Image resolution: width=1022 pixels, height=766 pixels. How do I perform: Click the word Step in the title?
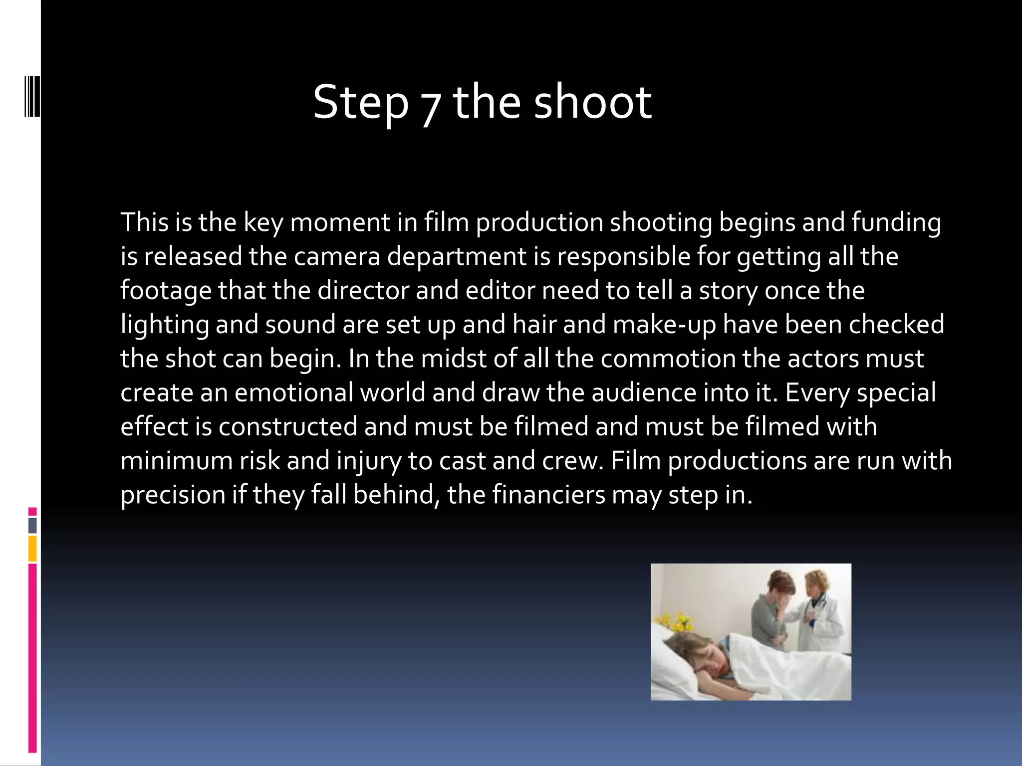click(x=360, y=103)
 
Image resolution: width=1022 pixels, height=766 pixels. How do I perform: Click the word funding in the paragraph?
click(x=896, y=223)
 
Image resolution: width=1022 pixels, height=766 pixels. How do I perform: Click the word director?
click(x=363, y=290)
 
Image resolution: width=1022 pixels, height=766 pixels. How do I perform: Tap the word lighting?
click(x=165, y=325)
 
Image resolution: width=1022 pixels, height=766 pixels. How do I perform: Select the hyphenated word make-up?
click(x=664, y=325)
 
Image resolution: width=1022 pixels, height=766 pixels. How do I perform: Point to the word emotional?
click(x=294, y=392)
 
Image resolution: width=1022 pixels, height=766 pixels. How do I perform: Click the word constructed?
click(x=288, y=426)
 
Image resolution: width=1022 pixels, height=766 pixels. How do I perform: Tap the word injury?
click(x=369, y=461)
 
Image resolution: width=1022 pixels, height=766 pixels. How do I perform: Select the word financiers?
click(x=548, y=495)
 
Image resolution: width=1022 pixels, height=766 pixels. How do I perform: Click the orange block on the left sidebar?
click(x=32, y=549)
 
